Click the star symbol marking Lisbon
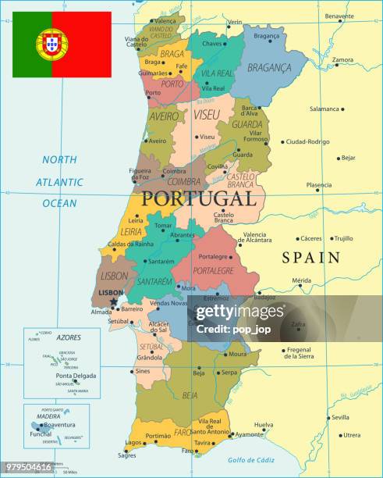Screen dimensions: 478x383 [x=114, y=301]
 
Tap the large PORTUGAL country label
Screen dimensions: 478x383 [x=198, y=199]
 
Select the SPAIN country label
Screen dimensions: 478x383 [x=310, y=257]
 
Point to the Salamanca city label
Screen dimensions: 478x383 [x=324, y=109]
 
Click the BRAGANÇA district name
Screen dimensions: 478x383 [x=269, y=68]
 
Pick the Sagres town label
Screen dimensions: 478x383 [x=126, y=455]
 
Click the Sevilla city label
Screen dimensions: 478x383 [x=341, y=417]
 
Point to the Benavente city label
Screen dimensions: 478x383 [x=339, y=16]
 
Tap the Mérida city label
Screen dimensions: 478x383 [x=301, y=280]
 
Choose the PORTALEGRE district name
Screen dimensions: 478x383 [x=213, y=270]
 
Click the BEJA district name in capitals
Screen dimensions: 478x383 [x=190, y=395]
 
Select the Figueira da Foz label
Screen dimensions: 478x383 [x=140, y=174]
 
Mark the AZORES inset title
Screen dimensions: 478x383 [x=69, y=337]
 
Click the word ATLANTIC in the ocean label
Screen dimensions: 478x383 [x=59, y=181]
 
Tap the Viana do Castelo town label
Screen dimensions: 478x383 [x=137, y=41]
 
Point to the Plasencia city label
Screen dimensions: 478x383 [x=318, y=185]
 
